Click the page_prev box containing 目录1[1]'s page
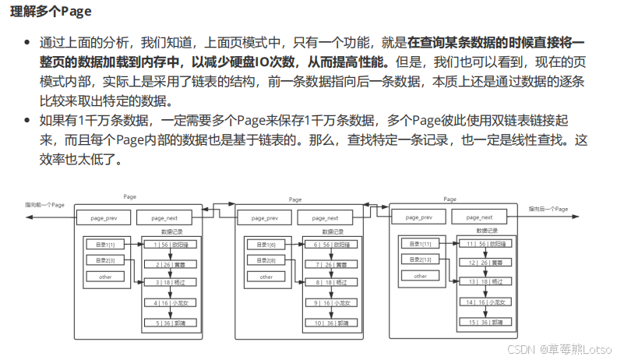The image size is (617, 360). [104, 218]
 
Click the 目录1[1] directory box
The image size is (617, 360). [104, 245]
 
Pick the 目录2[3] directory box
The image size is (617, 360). [104, 259]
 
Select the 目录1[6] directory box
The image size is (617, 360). [266, 245]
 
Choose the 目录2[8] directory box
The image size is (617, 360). [266, 259]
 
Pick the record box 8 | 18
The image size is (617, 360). [328, 282]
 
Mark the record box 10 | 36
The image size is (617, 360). [328, 322]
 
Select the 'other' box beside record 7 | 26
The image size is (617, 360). [266, 277]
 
